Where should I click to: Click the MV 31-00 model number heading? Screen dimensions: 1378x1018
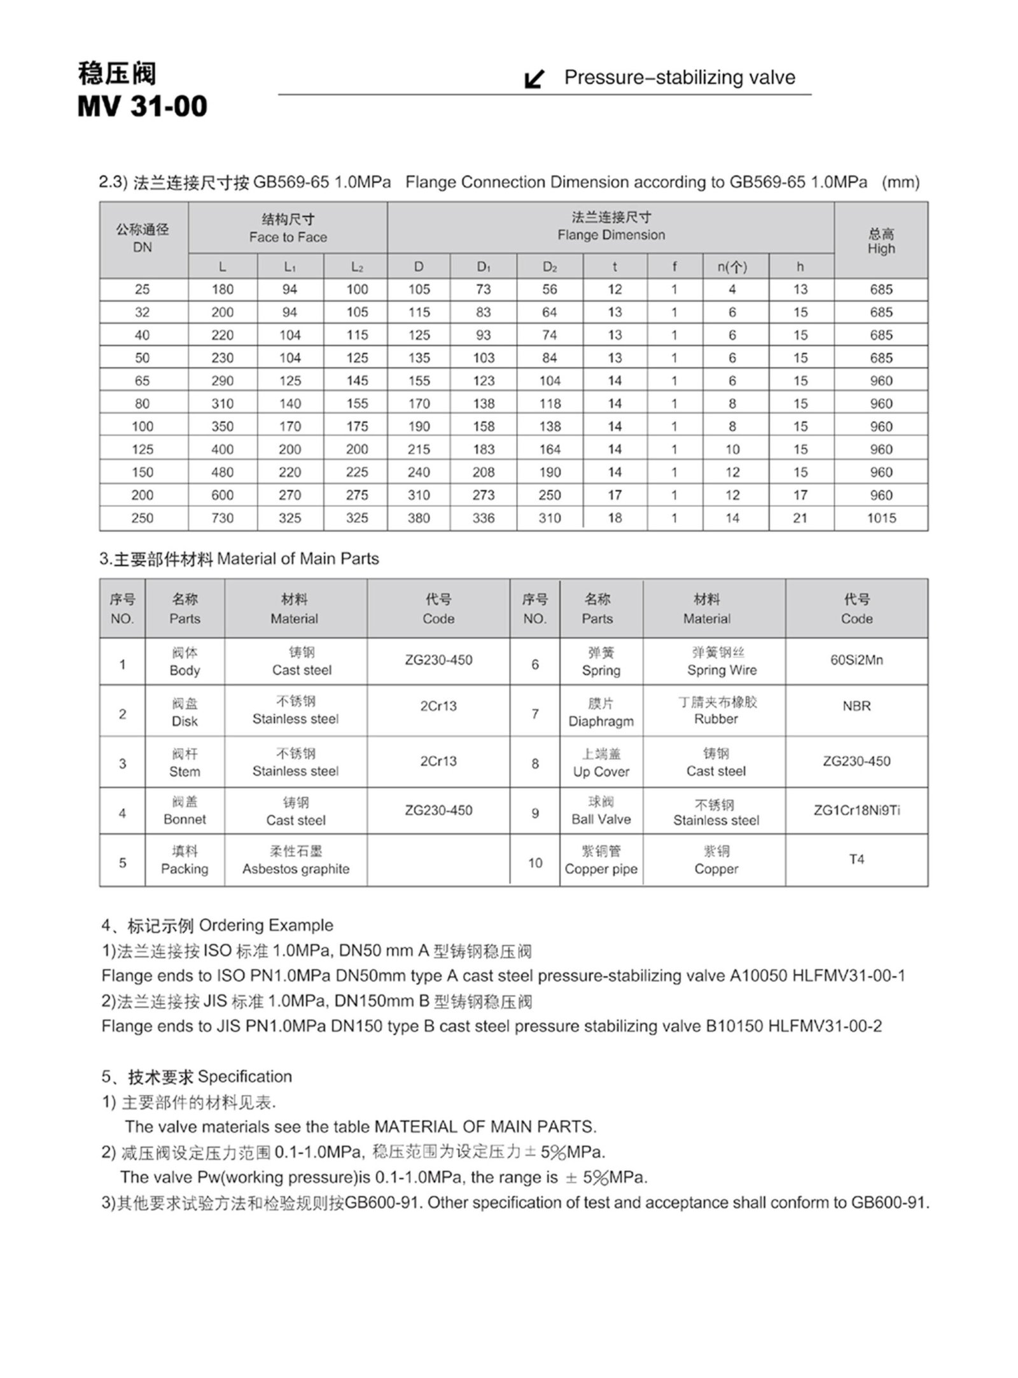[x=142, y=106]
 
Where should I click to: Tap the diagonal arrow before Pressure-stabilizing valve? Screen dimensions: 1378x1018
[x=534, y=79]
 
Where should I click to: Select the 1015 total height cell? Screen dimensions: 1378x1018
[x=881, y=518]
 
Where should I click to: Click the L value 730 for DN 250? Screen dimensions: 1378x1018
[x=222, y=518]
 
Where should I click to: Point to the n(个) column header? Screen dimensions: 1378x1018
[x=732, y=267]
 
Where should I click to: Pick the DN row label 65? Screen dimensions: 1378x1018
[x=142, y=380]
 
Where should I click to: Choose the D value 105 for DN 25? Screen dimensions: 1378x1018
[x=419, y=289]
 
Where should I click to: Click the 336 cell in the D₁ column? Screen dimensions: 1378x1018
[x=483, y=518]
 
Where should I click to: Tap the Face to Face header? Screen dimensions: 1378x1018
[x=288, y=237]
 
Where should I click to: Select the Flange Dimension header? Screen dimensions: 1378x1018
[x=611, y=235]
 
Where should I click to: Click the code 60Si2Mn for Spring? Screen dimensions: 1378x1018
[x=856, y=660]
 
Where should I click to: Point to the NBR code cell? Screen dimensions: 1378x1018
[x=856, y=706]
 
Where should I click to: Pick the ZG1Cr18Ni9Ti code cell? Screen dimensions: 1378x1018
[x=856, y=810]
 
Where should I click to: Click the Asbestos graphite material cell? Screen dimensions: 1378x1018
[x=295, y=868]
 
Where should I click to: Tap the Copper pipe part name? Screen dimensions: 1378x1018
[x=601, y=868]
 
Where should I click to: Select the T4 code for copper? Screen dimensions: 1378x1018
[x=856, y=859]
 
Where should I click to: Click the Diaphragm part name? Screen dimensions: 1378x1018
[x=601, y=721]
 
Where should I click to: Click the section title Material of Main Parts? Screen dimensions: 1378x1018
[x=297, y=559]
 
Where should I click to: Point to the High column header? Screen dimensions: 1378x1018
[x=881, y=248]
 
